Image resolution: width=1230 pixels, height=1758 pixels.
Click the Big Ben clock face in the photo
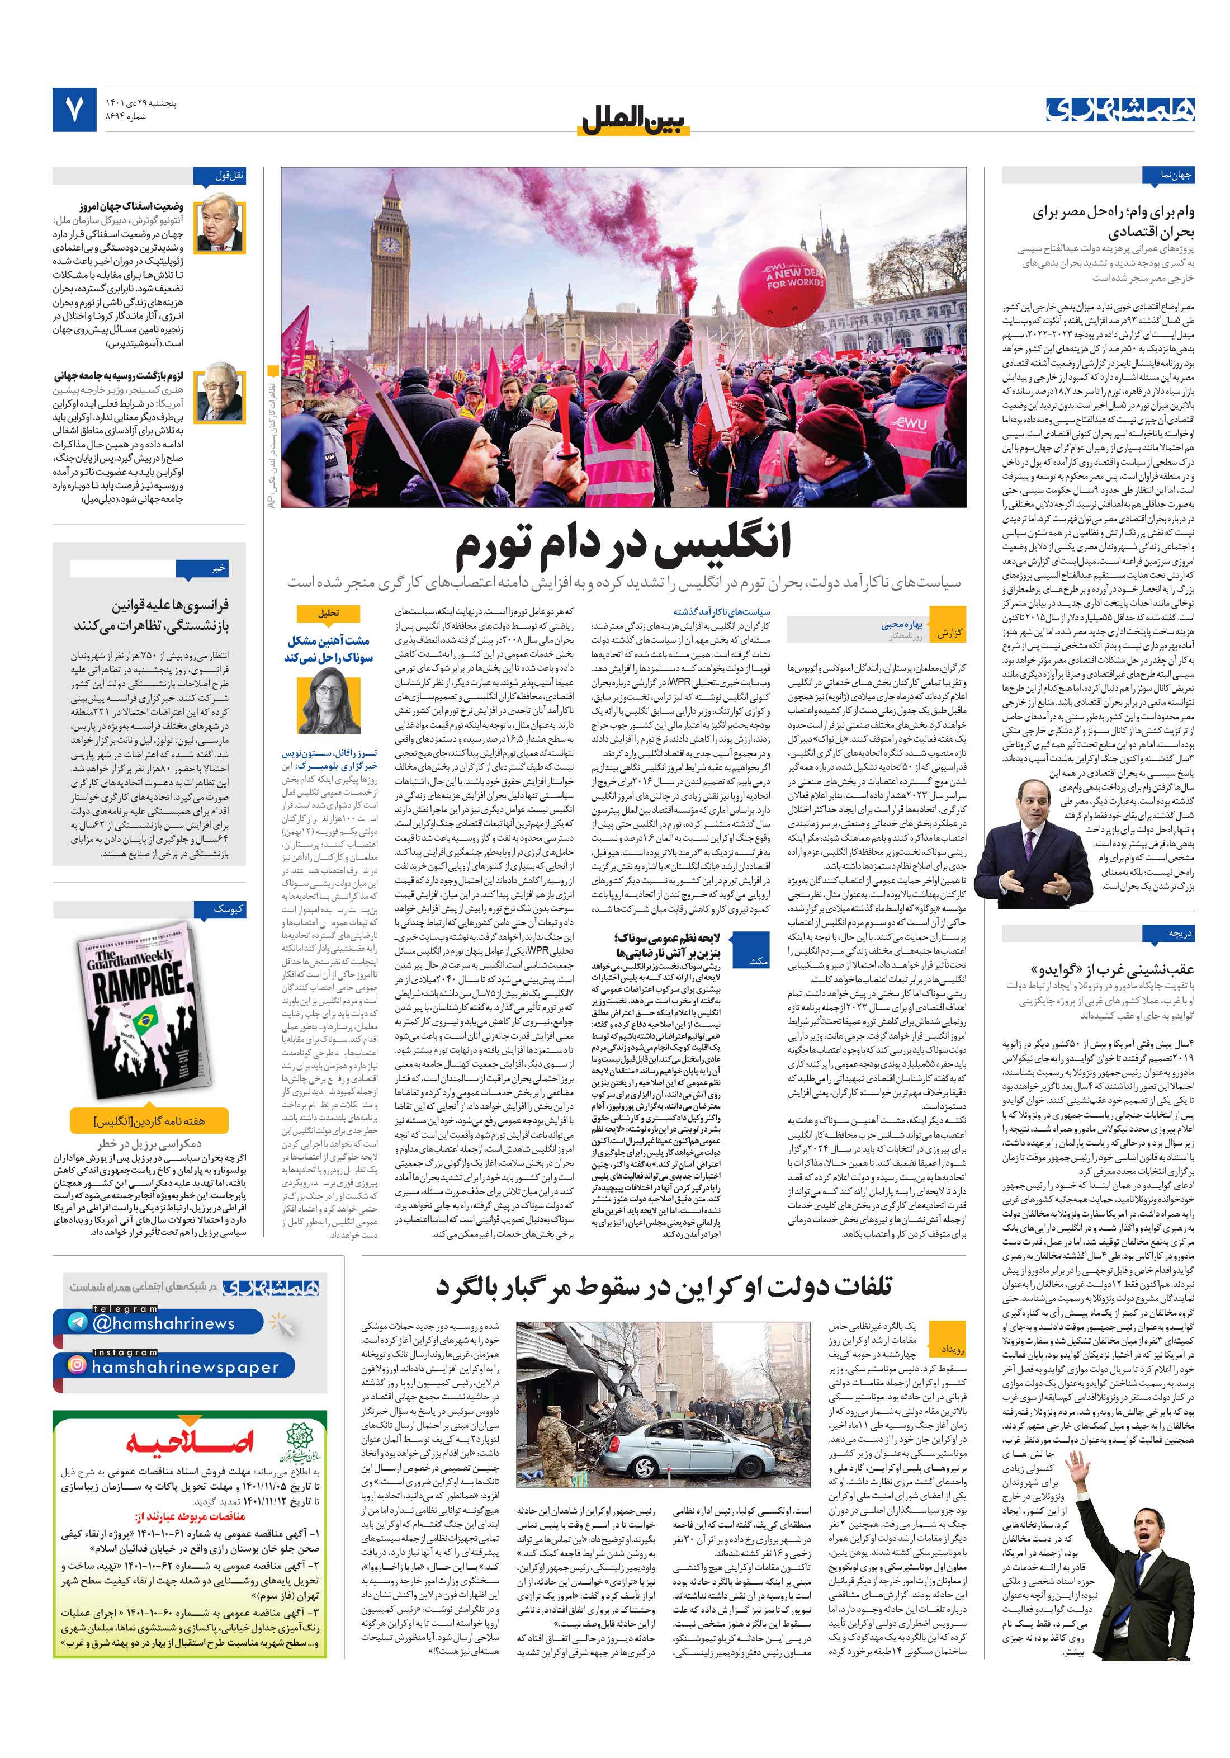pos(390,243)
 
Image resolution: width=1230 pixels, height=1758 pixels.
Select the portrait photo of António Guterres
pos(220,228)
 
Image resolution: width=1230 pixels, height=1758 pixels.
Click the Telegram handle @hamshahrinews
pos(164,1322)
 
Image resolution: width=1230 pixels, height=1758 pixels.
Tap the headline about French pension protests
pos(152,615)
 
